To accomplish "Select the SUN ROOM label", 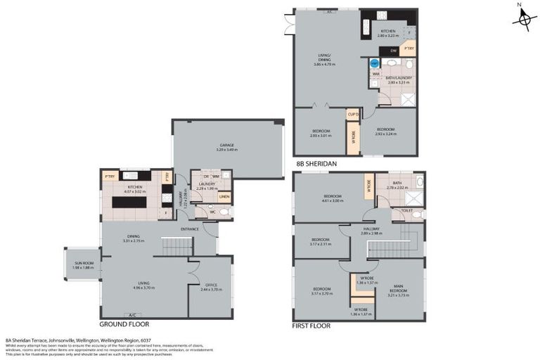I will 84,265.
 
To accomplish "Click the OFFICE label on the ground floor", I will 210,286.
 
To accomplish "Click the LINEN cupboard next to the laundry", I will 224,196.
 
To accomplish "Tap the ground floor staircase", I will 177,247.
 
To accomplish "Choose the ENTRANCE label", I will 190,229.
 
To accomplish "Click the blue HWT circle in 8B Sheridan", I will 374,63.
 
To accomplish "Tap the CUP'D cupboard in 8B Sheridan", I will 353,114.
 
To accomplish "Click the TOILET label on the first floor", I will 407,210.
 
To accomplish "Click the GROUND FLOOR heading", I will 124,325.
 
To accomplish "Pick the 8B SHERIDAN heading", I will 316,163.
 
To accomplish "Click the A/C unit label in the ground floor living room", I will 131,314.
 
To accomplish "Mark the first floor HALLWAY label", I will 371,229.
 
